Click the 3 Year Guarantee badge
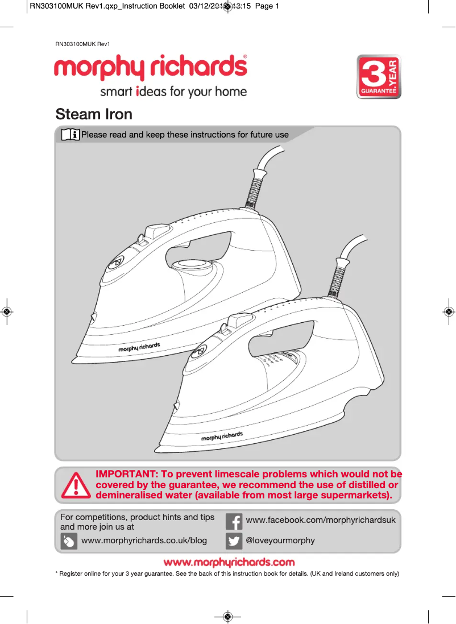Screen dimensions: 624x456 point(379,77)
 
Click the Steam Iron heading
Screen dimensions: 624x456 point(94,114)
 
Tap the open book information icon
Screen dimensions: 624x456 point(70,135)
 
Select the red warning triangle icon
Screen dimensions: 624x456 point(76,485)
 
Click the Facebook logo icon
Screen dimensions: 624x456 point(234,521)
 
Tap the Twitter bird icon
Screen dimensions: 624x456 point(234,541)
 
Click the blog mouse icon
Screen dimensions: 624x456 point(69,541)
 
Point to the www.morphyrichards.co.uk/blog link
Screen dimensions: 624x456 point(144,540)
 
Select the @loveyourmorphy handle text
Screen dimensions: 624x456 point(280,540)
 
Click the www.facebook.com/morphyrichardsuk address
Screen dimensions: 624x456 point(321,520)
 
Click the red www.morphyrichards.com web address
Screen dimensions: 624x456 point(229,563)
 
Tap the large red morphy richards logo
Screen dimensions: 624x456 point(151,69)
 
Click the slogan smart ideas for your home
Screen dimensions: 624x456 point(173,91)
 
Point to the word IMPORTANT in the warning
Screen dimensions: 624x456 point(126,474)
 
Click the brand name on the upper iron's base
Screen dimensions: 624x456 point(139,347)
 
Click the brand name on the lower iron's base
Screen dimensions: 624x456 point(222,436)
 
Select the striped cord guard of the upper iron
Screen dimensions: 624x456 point(255,189)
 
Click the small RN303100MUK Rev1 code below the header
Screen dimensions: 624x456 point(82,44)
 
